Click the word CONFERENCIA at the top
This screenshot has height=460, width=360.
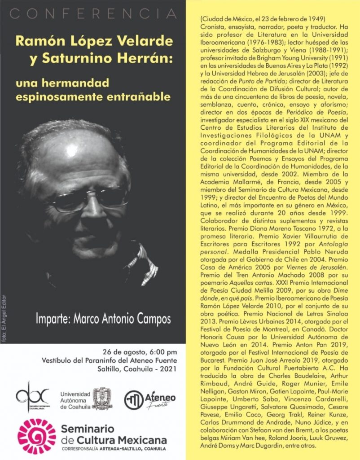pyautogui.click(x=92, y=14)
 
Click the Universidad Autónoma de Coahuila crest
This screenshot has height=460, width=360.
pyautogui.click(x=102, y=398)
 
